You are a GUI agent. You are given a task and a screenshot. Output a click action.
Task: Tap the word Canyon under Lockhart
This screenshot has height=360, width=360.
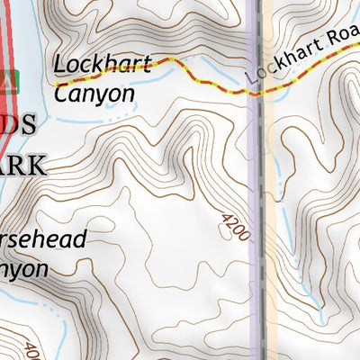94,93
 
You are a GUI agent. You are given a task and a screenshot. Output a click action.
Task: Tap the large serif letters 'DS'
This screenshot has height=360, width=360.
20,126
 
